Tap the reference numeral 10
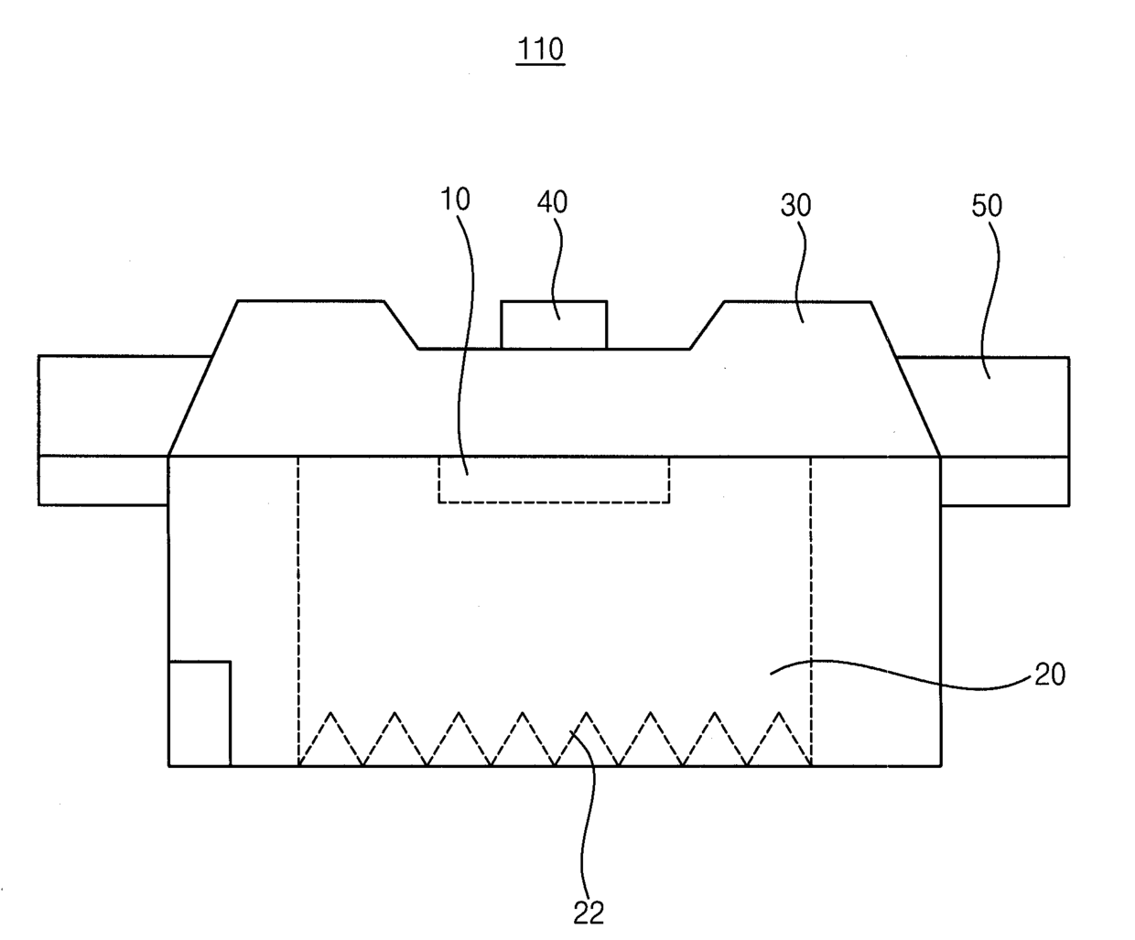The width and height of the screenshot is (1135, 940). tap(455, 200)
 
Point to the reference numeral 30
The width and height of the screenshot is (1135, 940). tap(795, 206)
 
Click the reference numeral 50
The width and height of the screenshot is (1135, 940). tap(987, 206)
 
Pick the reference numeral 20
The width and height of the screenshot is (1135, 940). tap(1050, 675)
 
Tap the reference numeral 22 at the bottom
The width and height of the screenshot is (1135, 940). tap(589, 912)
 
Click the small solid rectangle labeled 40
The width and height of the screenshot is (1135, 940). tap(554, 325)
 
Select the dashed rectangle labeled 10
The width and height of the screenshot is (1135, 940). tap(553, 480)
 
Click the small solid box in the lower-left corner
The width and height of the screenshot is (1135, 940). tap(200, 713)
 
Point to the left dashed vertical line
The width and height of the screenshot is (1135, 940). tap(298, 604)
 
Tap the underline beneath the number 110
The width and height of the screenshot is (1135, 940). tap(540, 64)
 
